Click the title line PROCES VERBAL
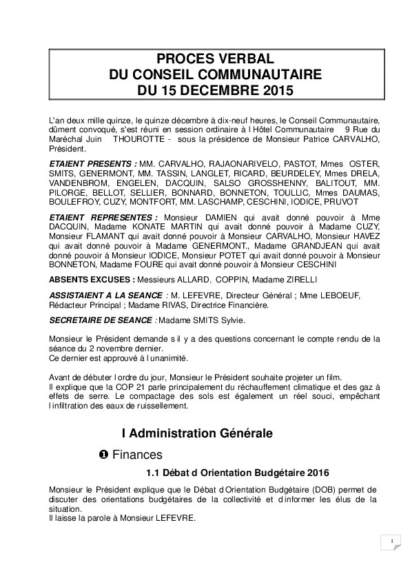pyautogui.click(x=214, y=59)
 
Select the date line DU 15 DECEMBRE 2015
pyautogui.click(x=214, y=90)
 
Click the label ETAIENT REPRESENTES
pyautogui.click(x=103, y=218)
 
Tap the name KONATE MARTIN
pyautogui.click(x=130, y=227)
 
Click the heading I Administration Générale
pyautogui.click(x=197, y=433)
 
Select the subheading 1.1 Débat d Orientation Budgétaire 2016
pyautogui.click(x=238, y=473)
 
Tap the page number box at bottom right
pyautogui.click(x=391, y=542)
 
